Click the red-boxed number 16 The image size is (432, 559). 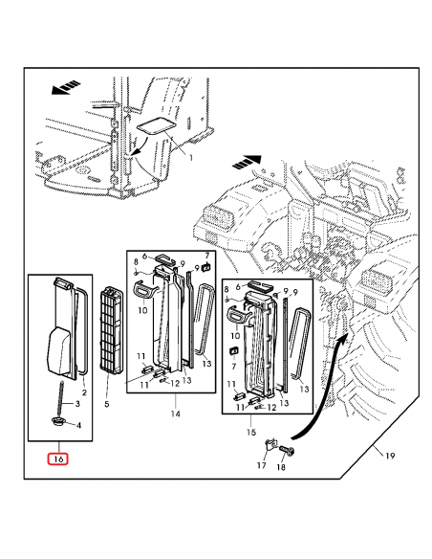pyautogui.click(x=59, y=458)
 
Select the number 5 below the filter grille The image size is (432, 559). pyautogui.click(x=107, y=405)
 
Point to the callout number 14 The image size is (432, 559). pyautogui.click(x=176, y=414)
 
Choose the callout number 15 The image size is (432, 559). pyautogui.click(x=253, y=433)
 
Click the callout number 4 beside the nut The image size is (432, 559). pyautogui.click(x=78, y=425)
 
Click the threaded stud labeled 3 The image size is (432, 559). pyautogui.click(x=60, y=395)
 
